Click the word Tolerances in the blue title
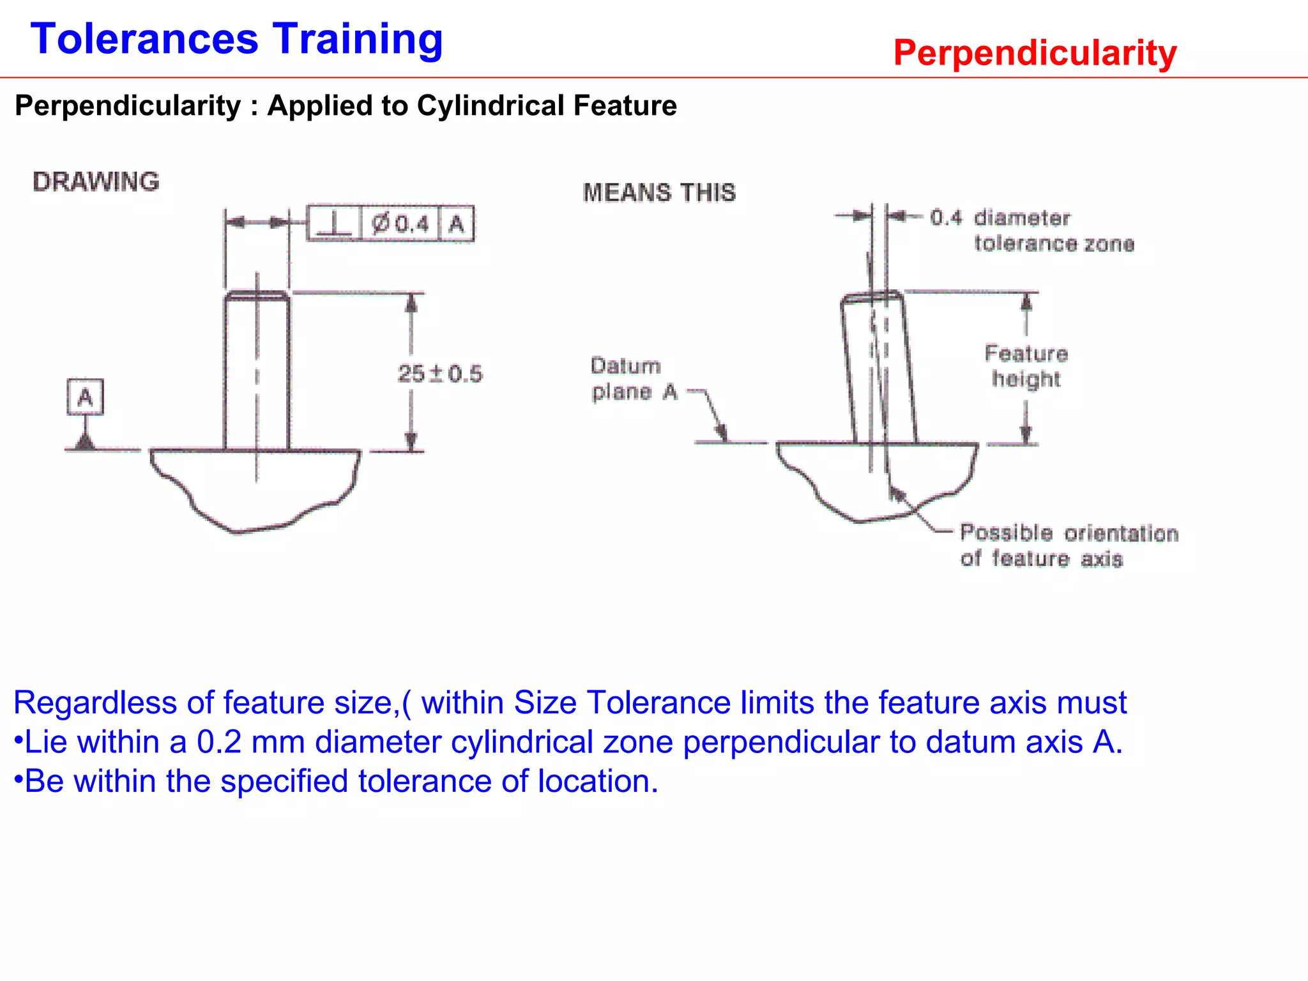(144, 40)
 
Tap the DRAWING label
(96, 182)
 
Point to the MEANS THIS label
(659, 193)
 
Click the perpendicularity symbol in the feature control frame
(334, 224)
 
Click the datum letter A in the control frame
(456, 224)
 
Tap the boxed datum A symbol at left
(85, 397)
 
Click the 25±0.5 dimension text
(440, 374)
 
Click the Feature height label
(1026, 366)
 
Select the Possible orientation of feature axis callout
(1068, 546)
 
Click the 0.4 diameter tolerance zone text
(1032, 231)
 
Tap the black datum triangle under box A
(85, 442)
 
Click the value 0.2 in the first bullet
(219, 742)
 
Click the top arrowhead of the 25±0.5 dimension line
(411, 302)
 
